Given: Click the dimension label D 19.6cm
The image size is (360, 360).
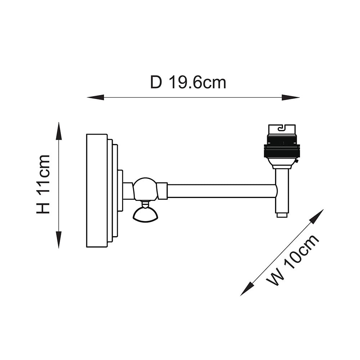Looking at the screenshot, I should click(188, 82).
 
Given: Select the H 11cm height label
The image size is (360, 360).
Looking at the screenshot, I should click(43, 184).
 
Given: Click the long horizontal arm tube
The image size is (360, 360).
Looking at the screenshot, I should click(221, 191).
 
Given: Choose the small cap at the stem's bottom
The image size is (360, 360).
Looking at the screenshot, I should click(282, 215).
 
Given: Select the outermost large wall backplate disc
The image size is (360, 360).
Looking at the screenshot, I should click(97, 190).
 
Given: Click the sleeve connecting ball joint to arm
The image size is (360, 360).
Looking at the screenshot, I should click(162, 191).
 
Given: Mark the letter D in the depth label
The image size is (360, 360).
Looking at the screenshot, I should click(156, 82).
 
